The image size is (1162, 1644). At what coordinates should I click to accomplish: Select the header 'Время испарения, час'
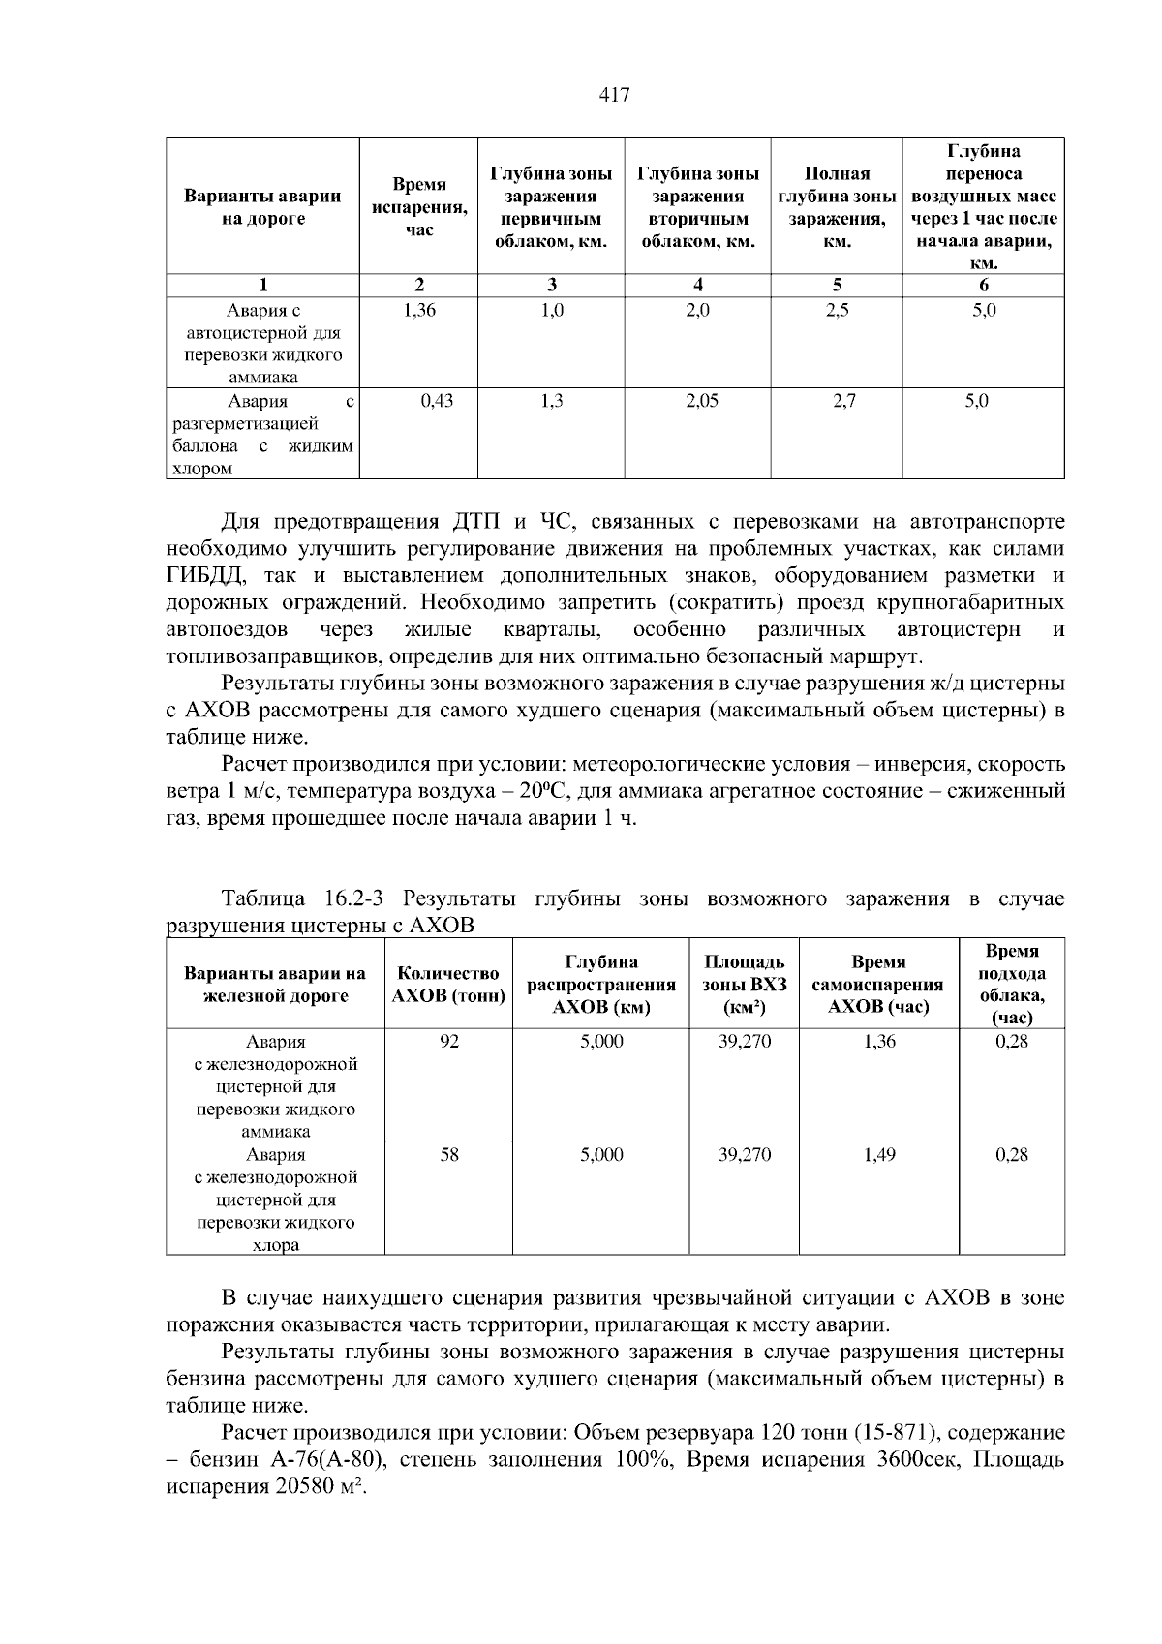coord(418,207)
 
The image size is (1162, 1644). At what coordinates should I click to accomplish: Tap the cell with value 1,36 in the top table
coord(418,311)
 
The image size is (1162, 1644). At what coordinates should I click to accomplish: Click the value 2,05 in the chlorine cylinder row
coord(701,401)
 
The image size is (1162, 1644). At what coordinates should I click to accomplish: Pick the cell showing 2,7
coord(843,401)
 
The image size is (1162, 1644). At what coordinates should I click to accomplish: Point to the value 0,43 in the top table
coord(437,401)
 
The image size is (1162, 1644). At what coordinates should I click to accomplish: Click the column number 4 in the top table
coord(698,285)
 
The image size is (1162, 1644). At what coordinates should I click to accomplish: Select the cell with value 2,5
coord(837,311)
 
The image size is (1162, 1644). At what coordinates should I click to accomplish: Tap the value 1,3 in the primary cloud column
coord(550,401)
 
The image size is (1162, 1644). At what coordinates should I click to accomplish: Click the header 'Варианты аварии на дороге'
coord(262,207)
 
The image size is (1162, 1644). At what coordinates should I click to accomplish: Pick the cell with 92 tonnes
coord(448,1042)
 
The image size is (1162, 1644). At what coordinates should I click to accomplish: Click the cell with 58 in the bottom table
coord(448,1155)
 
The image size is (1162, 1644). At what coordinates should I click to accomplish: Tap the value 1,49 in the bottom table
coord(878,1155)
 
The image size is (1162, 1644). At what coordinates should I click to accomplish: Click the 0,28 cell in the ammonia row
coord(1011,1042)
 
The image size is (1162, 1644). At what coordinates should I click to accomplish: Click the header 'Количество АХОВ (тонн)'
coord(448,985)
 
